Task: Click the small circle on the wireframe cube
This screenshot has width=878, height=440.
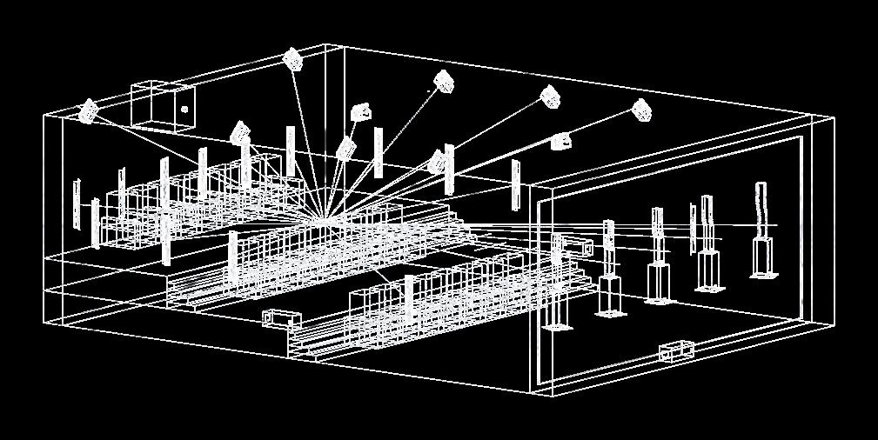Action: point(184,110)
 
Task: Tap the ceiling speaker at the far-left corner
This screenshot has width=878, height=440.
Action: point(88,111)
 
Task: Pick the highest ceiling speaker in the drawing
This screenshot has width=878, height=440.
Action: point(293,58)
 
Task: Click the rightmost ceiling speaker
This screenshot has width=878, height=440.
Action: point(641,110)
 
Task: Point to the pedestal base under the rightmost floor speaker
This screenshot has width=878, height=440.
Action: point(765,257)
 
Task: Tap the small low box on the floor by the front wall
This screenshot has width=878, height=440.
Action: point(676,351)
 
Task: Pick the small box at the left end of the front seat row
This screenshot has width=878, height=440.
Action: point(278,318)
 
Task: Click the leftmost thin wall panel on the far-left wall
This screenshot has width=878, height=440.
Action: point(77,203)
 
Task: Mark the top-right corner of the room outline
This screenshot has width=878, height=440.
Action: point(834,117)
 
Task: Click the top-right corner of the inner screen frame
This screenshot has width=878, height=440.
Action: point(800,137)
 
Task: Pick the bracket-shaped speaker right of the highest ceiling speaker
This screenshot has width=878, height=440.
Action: point(361,111)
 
